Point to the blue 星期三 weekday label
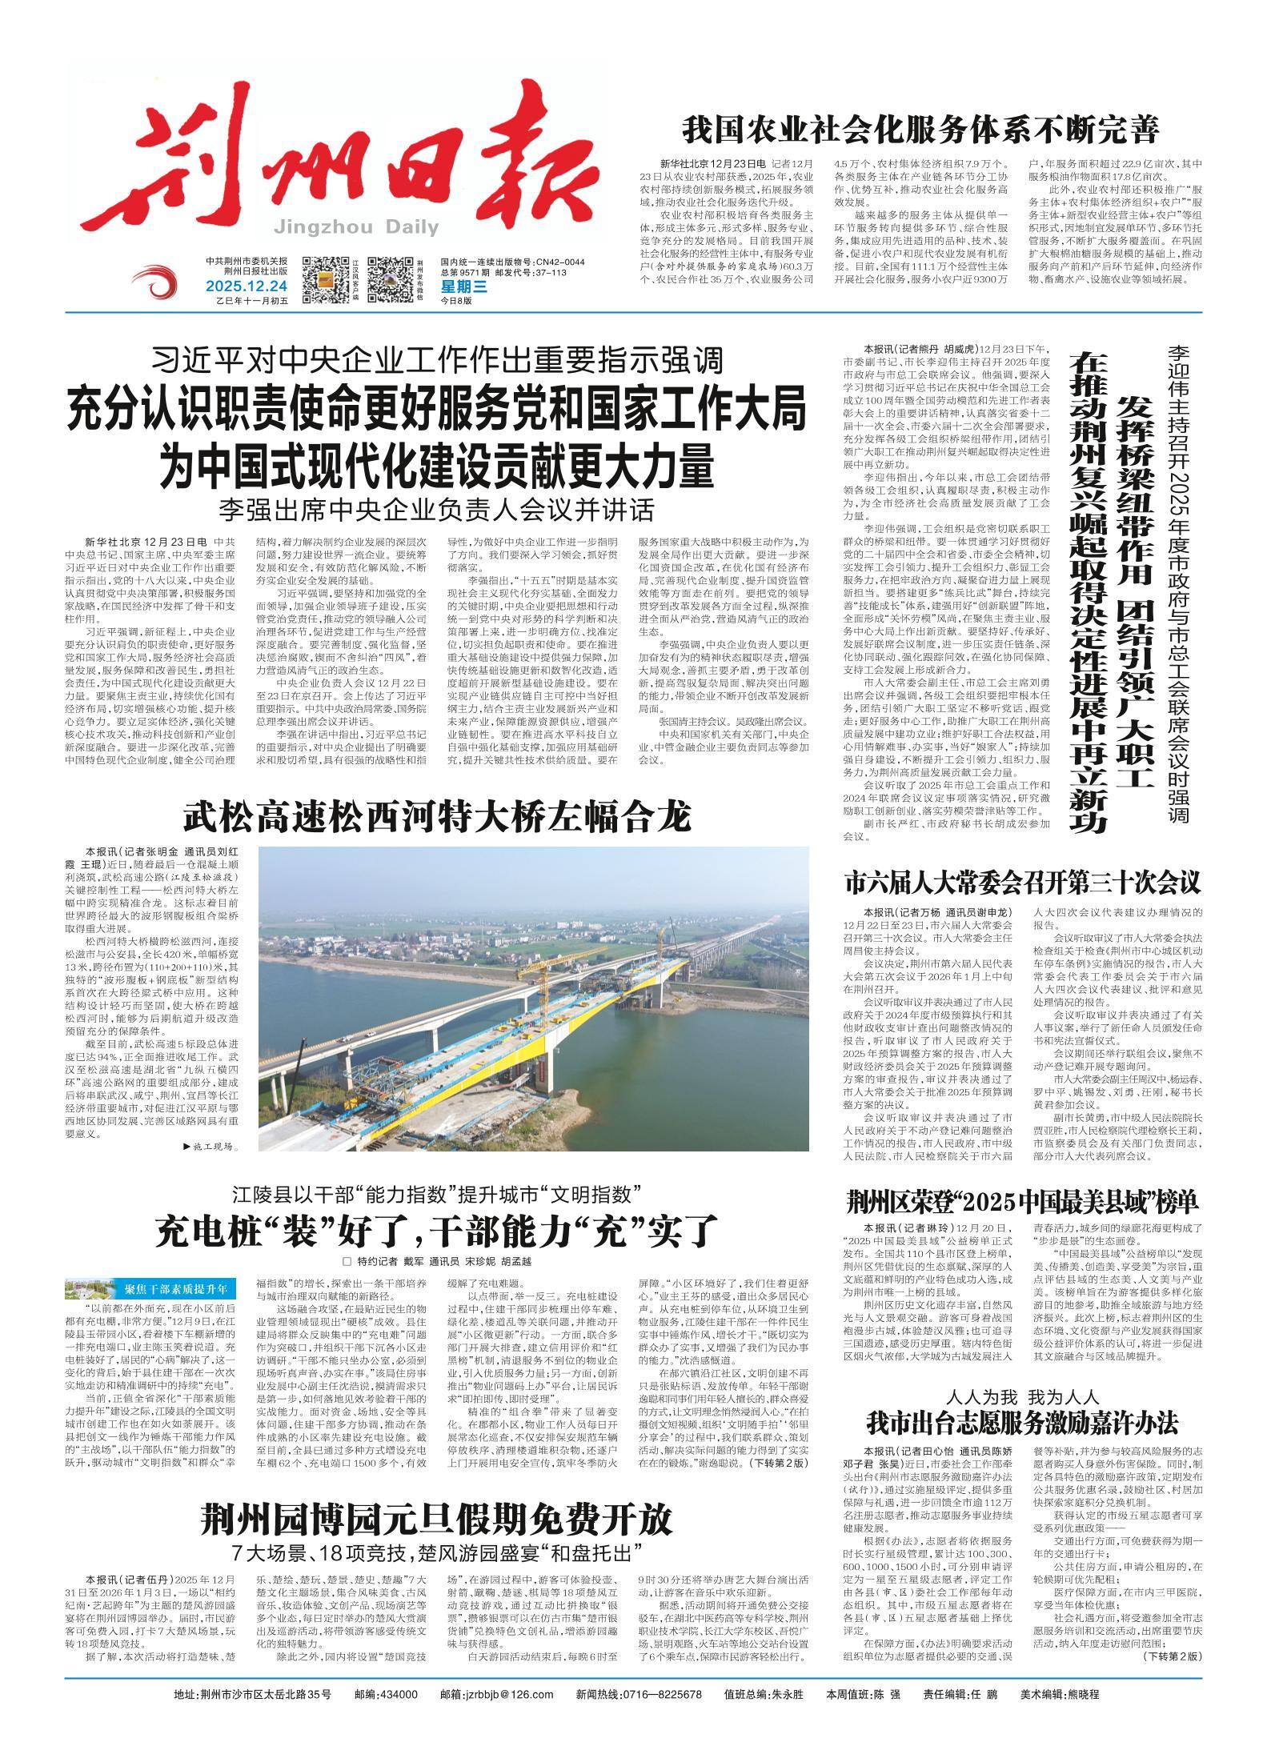click(x=463, y=286)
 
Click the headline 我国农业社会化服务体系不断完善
click(x=920, y=128)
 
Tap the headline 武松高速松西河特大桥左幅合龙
click(x=436, y=818)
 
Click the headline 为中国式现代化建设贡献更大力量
click(x=436, y=465)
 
